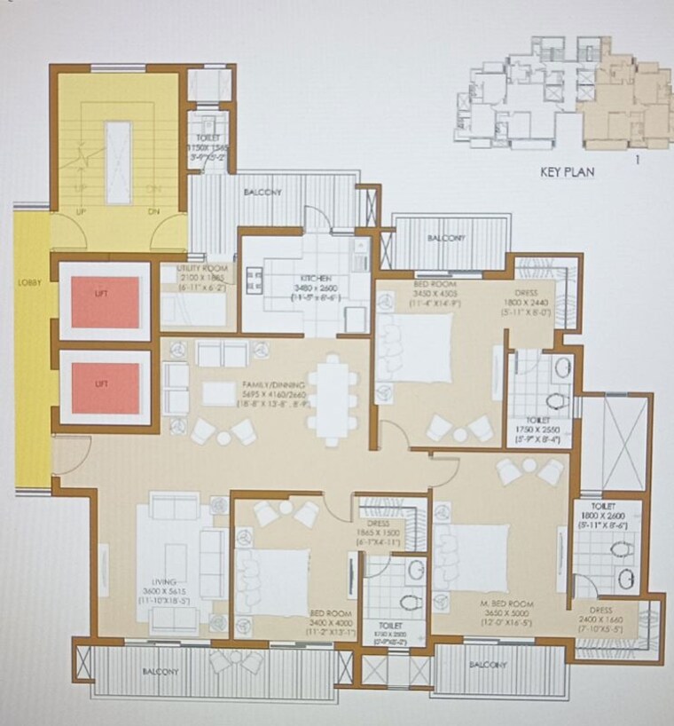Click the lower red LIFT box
click(x=106, y=388)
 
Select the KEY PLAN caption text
click(x=568, y=173)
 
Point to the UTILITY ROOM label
click(x=202, y=268)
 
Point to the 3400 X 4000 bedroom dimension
click(x=331, y=624)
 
